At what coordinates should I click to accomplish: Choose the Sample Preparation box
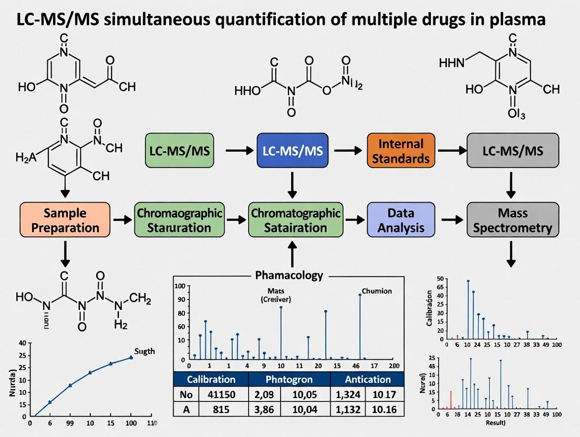65,221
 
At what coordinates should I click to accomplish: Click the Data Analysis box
401,221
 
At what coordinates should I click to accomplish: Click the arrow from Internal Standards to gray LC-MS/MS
450,150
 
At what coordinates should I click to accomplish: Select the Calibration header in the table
211,379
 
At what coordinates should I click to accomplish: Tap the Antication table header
368,379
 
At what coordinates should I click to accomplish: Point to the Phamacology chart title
289,275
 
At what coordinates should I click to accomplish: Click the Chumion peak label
377,290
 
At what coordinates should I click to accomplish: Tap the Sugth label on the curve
144,351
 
